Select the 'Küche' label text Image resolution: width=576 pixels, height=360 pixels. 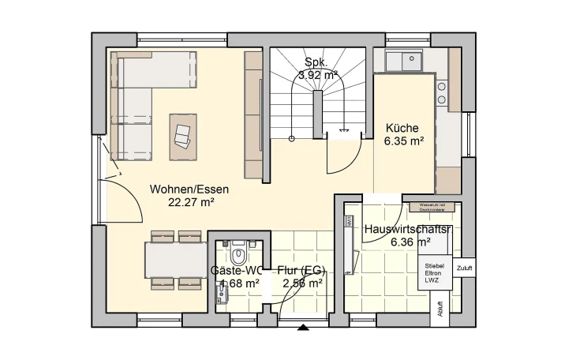coord(402,129)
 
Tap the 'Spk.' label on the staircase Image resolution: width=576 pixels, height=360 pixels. coord(317,62)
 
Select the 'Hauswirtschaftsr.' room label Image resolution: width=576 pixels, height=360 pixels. coord(408,230)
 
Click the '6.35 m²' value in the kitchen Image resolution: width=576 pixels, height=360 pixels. coord(405,142)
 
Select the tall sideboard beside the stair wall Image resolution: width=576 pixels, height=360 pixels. coord(253,114)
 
